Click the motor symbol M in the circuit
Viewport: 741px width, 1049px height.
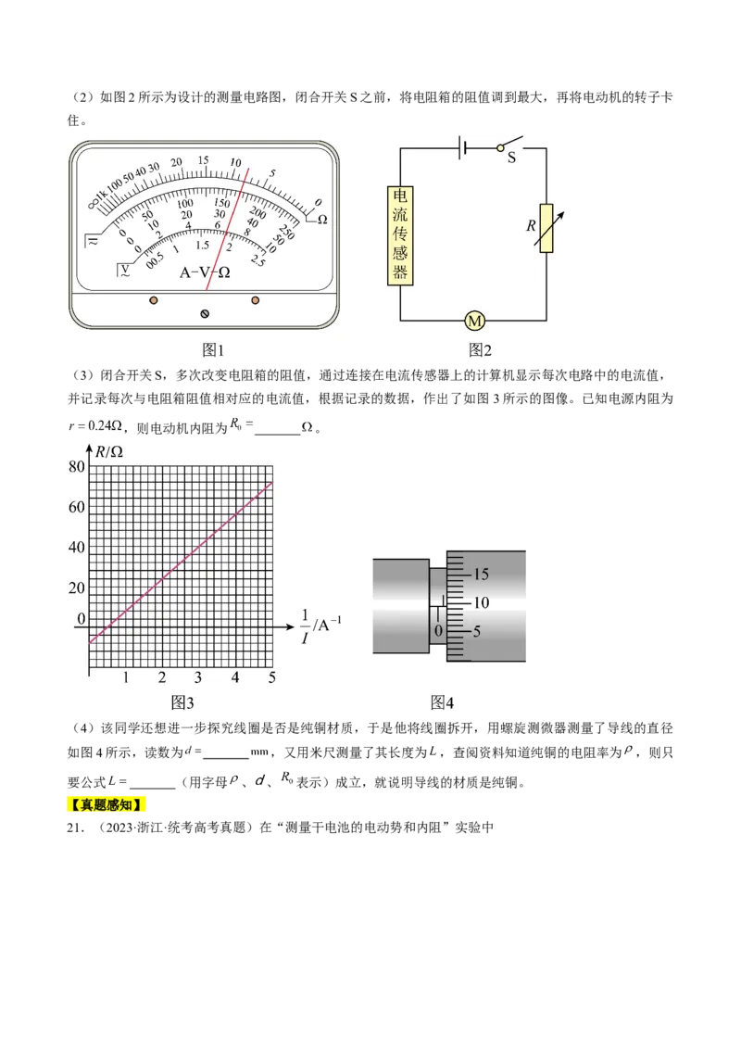475,322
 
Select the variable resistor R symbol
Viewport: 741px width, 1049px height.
547,228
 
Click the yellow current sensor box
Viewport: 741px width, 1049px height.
400,235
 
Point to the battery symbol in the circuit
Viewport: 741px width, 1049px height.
462,148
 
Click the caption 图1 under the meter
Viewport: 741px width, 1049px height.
213,350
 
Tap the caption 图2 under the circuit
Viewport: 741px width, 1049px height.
480,350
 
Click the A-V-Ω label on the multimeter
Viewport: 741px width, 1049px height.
205,272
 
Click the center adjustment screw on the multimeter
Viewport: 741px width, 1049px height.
205,314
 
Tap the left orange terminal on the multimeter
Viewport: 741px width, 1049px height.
153,300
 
